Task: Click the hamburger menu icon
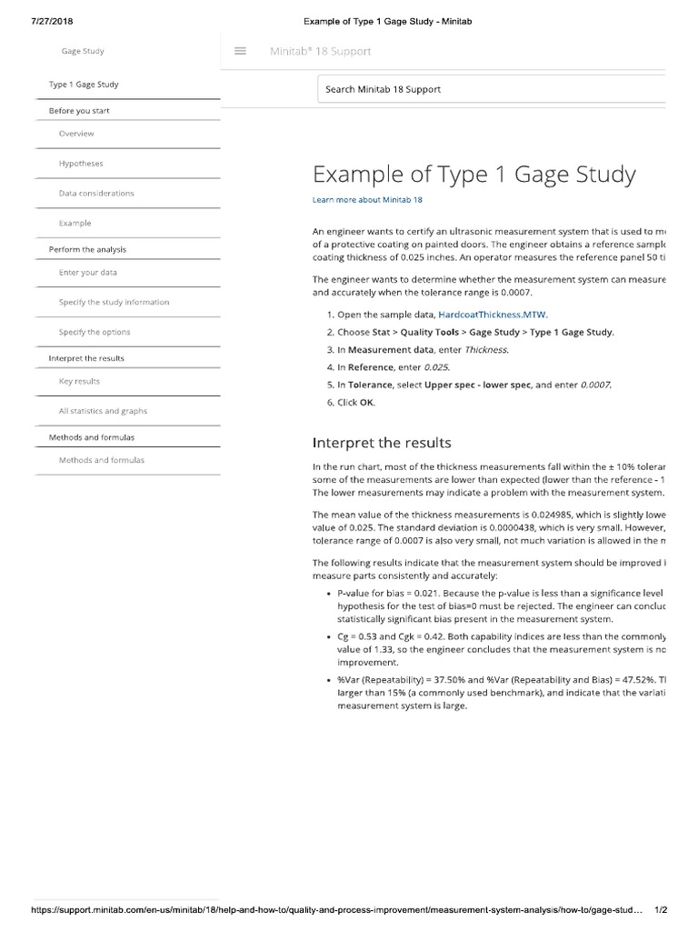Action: click(241, 51)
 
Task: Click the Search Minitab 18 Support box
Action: click(491, 89)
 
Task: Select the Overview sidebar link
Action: click(76, 134)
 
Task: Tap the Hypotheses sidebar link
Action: click(81, 164)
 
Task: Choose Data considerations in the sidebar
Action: click(96, 194)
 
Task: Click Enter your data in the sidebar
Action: click(88, 273)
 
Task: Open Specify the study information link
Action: click(114, 302)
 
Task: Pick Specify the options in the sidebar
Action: click(95, 332)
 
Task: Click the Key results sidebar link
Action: click(79, 382)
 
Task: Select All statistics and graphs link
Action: click(103, 411)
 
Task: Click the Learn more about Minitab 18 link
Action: click(367, 200)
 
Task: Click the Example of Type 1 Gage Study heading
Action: click(474, 175)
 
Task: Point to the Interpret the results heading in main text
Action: click(381, 443)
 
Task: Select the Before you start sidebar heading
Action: click(79, 111)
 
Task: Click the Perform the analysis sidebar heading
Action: click(87, 249)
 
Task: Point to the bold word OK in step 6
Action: click(366, 402)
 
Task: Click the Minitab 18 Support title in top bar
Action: click(320, 51)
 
